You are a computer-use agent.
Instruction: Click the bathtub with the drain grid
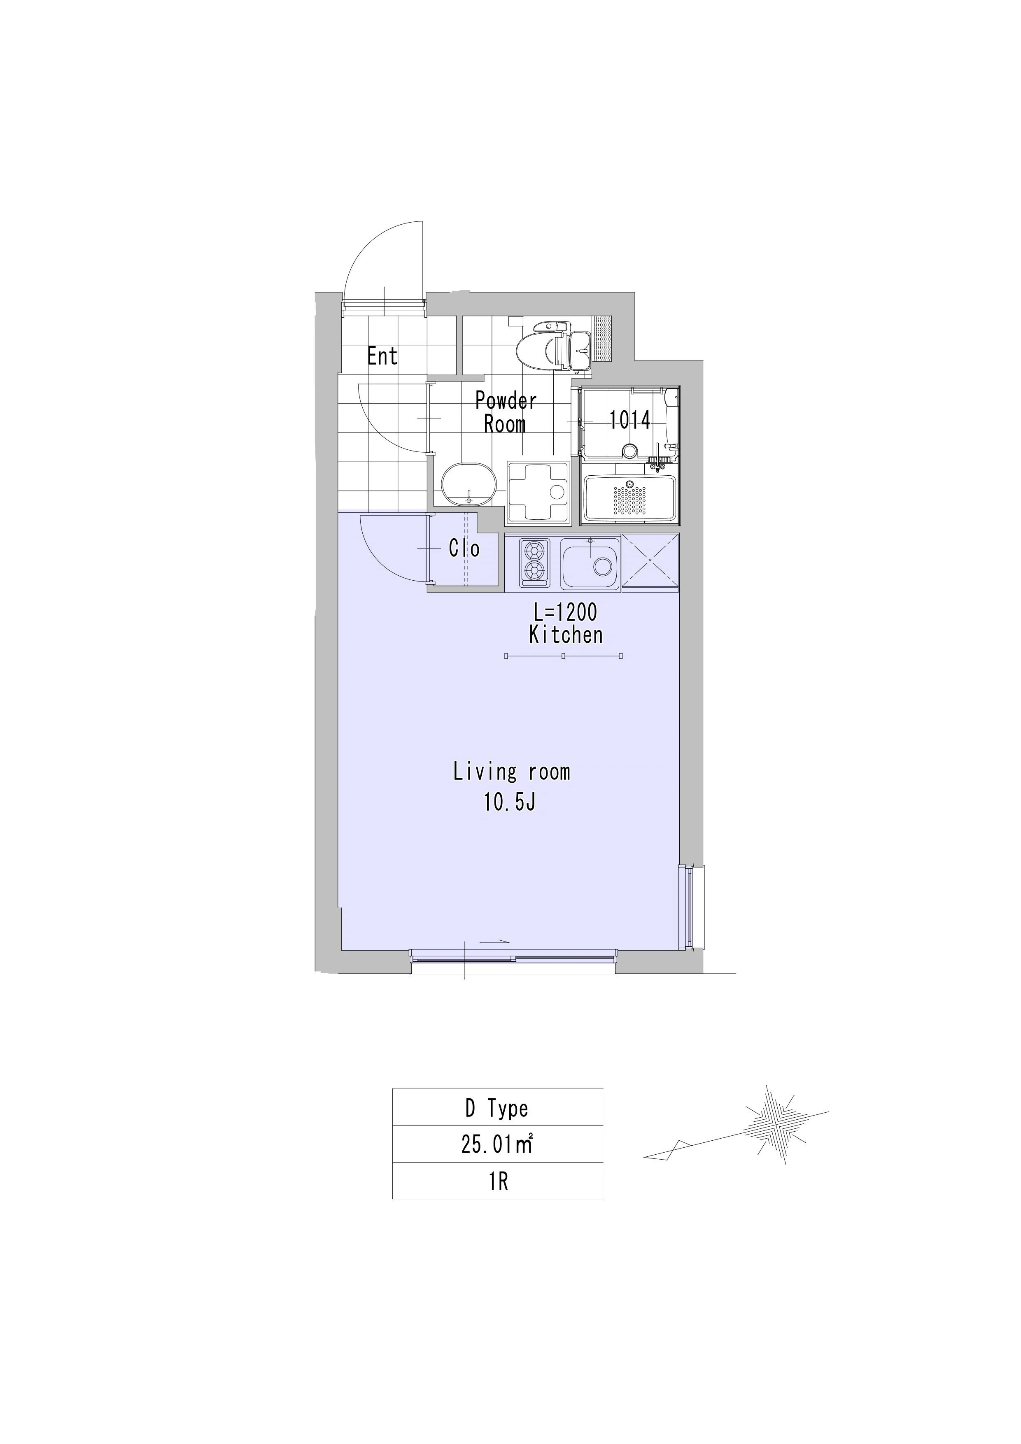coord(629,498)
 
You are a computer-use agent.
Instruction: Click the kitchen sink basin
coord(590,564)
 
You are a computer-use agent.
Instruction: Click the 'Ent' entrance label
coord(382,357)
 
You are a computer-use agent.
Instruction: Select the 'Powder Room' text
coord(506,412)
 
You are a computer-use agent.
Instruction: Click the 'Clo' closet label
coord(464,549)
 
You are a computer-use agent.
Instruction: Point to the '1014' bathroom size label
coord(630,420)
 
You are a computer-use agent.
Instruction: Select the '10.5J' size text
coord(510,802)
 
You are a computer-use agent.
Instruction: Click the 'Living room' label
coord(511,772)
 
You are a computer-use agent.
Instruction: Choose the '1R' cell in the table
coord(497,1181)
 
